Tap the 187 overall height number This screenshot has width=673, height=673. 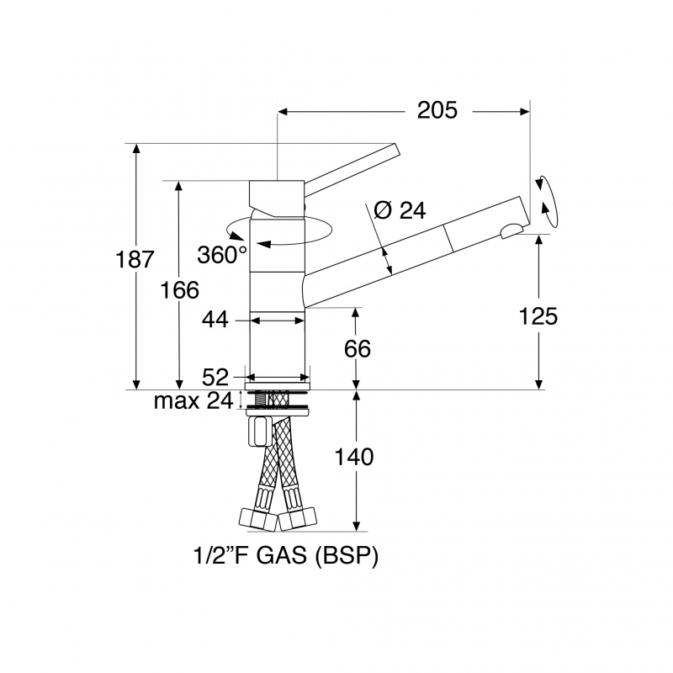(x=135, y=259)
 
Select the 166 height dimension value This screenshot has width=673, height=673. (x=179, y=289)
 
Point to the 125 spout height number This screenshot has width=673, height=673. (x=538, y=316)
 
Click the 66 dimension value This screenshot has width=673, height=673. (x=357, y=348)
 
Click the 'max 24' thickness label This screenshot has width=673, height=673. (x=193, y=401)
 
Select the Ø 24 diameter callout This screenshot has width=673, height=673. (x=399, y=210)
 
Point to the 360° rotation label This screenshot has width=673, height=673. (x=222, y=254)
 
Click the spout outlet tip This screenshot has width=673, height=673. (x=511, y=229)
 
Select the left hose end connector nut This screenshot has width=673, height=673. (x=255, y=518)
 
